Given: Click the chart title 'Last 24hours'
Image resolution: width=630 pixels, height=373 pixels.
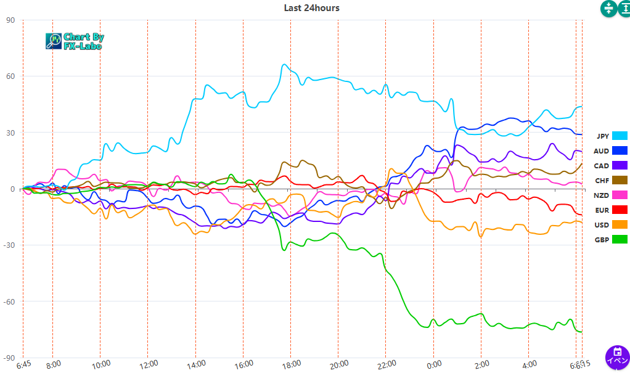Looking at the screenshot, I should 311,8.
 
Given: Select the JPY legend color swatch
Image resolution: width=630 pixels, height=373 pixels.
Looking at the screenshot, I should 620,136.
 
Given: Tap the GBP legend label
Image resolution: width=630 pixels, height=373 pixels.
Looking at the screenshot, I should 602,239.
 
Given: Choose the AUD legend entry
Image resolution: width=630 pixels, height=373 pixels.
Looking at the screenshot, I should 610,151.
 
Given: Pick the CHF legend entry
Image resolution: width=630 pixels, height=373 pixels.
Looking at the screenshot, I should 610,180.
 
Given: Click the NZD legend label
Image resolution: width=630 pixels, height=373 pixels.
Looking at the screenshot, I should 602,195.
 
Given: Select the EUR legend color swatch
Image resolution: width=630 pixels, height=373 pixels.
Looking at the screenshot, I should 620,210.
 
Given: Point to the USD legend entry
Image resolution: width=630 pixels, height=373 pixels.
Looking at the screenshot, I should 610,224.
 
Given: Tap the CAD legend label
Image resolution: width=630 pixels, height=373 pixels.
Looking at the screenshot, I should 602,166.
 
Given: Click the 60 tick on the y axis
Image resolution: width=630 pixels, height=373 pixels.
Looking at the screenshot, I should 10,76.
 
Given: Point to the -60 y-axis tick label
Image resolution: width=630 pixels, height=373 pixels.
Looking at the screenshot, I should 9,301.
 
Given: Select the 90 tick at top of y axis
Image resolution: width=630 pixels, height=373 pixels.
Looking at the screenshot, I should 10,20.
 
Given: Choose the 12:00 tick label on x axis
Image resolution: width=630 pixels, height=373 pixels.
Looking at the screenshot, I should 149,364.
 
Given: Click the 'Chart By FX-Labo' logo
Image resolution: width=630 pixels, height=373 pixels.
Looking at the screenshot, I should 75,41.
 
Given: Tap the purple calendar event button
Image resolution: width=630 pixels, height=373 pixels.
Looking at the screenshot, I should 617,357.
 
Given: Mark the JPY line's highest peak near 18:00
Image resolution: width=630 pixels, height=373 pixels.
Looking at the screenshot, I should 284,65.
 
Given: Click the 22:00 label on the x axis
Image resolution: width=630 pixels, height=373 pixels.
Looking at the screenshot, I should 387,364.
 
